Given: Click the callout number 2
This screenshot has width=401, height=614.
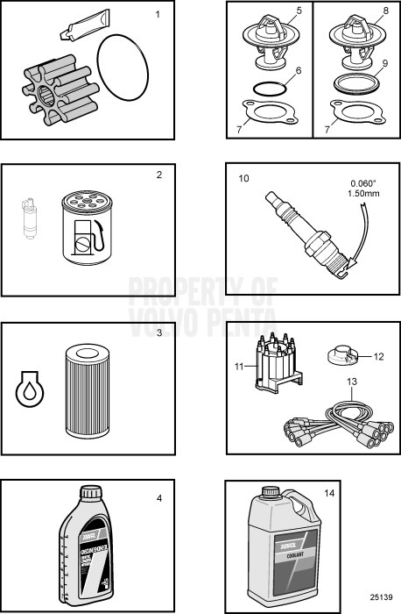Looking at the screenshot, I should click(158, 175).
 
